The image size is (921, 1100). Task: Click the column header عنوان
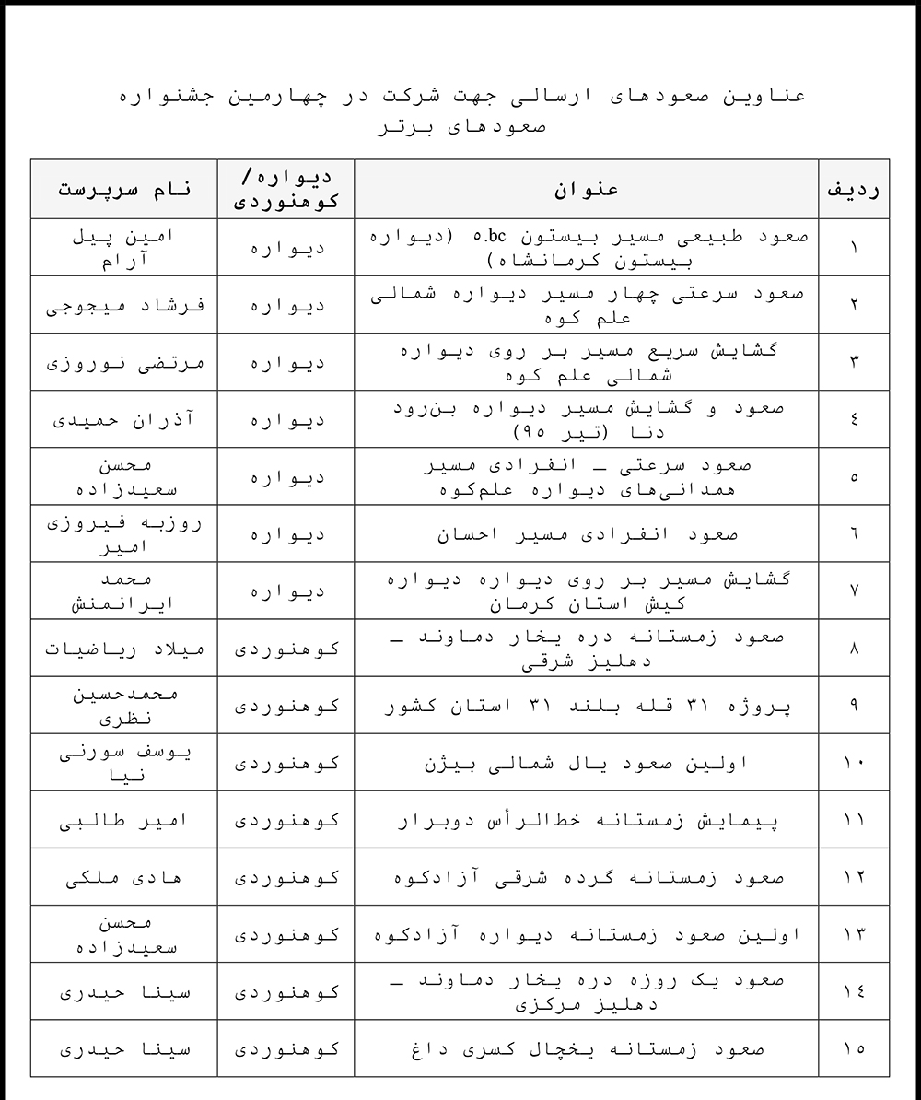pyautogui.click(x=587, y=189)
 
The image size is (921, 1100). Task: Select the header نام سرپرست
pyautogui.click(x=124, y=189)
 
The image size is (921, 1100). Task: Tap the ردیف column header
pyautogui.click(x=854, y=189)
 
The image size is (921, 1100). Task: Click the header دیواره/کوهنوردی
pyautogui.click(x=286, y=189)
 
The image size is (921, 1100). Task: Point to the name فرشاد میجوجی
pyautogui.click(x=124, y=305)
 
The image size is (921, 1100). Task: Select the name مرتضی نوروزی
pyautogui.click(x=124, y=362)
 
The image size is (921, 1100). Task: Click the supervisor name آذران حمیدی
pyautogui.click(x=124, y=419)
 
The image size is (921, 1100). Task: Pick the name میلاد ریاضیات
pyautogui.click(x=124, y=648)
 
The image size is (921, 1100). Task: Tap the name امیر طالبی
pyautogui.click(x=124, y=819)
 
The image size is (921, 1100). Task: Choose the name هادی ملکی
pyautogui.click(x=124, y=876)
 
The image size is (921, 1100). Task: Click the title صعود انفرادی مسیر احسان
pyautogui.click(x=587, y=533)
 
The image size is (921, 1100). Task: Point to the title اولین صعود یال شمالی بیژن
pyautogui.click(x=587, y=762)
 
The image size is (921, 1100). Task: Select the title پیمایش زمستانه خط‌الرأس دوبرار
pyautogui.click(x=587, y=819)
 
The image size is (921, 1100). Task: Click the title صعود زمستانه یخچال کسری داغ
pyautogui.click(x=587, y=1047)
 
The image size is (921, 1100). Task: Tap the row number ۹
pyautogui.click(x=854, y=706)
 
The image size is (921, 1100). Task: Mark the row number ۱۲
pyautogui.click(x=854, y=876)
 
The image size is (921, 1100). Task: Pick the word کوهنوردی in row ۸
pyautogui.click(x=286, y=648)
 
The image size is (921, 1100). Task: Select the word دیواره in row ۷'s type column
pyautogui.click(x=286, y=591)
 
